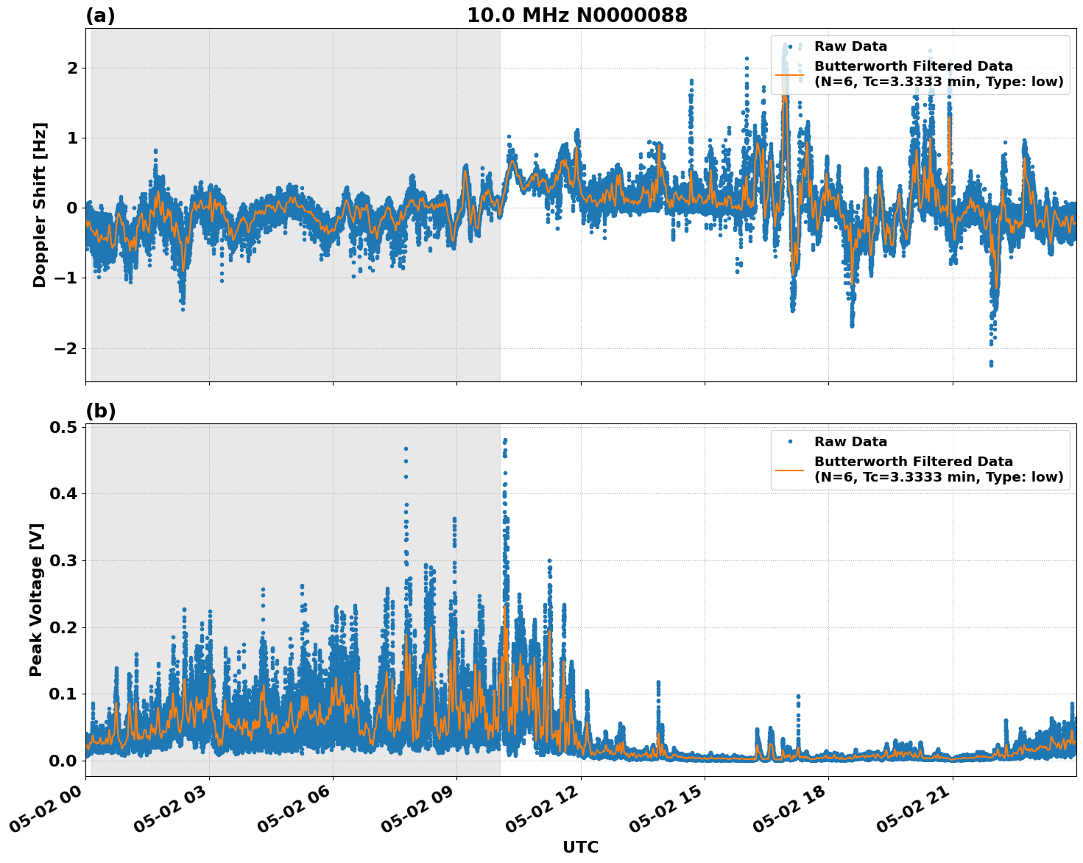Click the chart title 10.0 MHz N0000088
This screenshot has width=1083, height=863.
coord(576,15)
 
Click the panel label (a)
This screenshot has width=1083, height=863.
coord(100,15)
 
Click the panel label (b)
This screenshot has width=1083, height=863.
coord(100,411)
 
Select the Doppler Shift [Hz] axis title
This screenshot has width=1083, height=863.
coord(40,205)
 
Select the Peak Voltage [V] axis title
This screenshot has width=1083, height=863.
coord(36,599)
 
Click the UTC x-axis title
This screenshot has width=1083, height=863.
coord(580,847)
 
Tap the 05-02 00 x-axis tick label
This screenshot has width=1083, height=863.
coord(49,814)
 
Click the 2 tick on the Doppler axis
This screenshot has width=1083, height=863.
coord(72,68)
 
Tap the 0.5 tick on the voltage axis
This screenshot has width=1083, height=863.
coord(63,427)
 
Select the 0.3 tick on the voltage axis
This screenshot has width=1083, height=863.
coord(63,560)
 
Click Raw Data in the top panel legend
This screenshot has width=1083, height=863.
coord(850,46)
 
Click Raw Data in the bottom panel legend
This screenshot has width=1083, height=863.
coord(850,442)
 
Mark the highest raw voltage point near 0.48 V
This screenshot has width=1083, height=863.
coord(505,440)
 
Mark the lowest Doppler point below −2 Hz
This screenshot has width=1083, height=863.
coord(991,364)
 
